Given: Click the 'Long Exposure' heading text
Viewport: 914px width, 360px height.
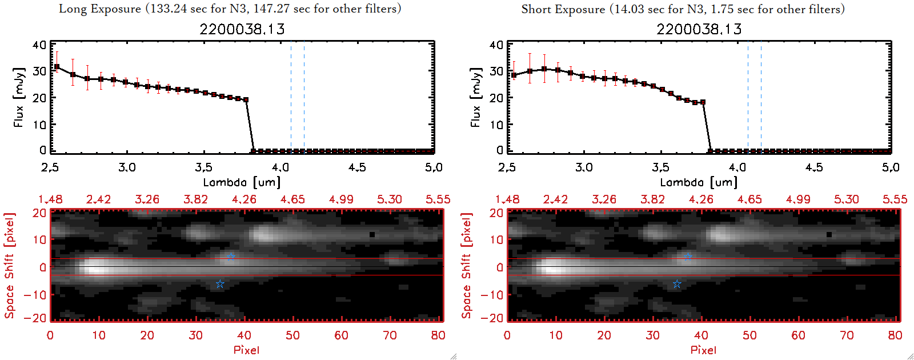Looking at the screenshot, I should click(x=100, y=9).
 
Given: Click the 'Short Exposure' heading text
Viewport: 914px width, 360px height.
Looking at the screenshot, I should click(x=563, y=9).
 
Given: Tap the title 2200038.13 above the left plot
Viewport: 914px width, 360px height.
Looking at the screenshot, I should click(x=242, y=29).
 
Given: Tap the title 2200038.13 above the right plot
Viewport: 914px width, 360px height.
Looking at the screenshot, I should click(x=699, y=29).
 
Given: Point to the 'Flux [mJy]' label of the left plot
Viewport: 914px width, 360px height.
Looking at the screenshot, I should click(x=19, y=97).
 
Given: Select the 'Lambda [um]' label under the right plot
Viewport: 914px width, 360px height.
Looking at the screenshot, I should click(x=699, y=182).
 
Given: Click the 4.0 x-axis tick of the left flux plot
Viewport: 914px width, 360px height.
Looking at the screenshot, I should click(x=280, y=167).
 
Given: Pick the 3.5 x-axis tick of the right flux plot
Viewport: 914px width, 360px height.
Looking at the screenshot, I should click(x=660, y=167).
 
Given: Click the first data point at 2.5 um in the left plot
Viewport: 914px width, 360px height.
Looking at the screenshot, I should click(x=57, y=67).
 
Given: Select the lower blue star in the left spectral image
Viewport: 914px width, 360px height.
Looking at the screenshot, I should click(x=220, y=284).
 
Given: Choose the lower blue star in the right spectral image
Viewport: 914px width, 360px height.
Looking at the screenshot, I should click(x=677, y=284).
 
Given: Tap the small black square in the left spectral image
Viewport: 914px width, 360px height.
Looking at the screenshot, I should click(x=372, y=234).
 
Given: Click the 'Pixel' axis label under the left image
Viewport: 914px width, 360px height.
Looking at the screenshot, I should click(x=246, y=350).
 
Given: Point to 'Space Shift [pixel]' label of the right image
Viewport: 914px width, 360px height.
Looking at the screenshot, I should click(x=467, y=266).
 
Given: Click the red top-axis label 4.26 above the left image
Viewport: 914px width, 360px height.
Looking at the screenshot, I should click(x=244, y=199).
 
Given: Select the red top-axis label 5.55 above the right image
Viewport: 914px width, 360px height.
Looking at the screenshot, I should click(x=895, y=199).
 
